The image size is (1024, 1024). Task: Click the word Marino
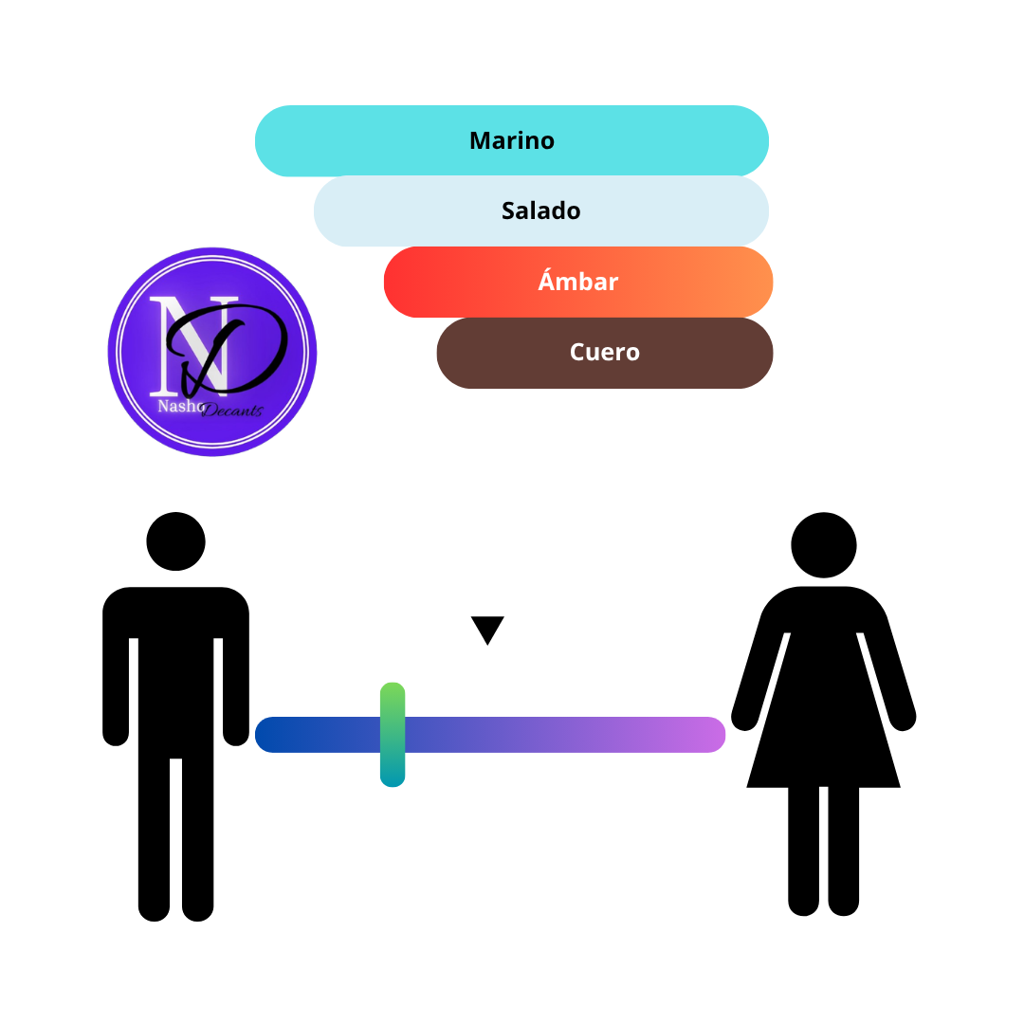click(512, 140)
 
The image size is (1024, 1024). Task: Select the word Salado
click(540, 210)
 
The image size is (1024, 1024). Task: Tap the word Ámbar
click(578, 280)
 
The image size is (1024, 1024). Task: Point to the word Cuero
click(605, 352)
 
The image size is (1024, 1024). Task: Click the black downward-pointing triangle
click(487, 629)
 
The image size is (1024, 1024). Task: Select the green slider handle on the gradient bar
click(393, 734)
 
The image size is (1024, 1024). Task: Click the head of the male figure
click(175, 541)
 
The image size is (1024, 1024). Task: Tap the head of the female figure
click(824, 544)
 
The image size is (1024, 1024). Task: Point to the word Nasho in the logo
click(181, 406)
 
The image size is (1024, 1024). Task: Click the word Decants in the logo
click(232, 411)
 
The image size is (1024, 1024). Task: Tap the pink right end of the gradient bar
click(708, 735)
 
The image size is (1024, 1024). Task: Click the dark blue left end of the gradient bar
click(272, 735)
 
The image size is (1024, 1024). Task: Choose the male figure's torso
click(175, 672)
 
